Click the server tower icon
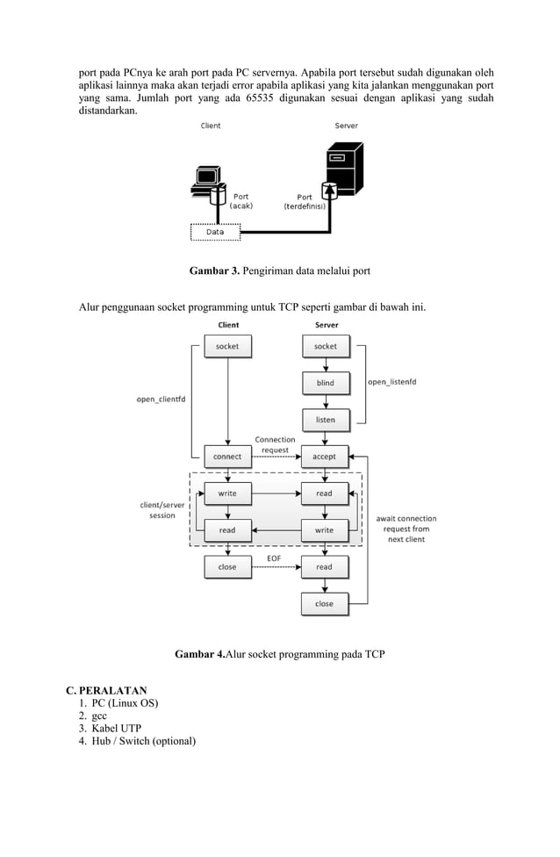pos(342,169)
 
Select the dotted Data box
pos(215,232)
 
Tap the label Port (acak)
pos(241,201)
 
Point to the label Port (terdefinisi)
pos(305,202)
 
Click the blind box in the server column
pos(325,384)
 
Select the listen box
pos(325,420)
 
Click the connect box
pos(227,457)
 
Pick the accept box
pos(325,457)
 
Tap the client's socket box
pos(227,347)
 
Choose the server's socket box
pos(325,347)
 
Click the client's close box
pos(227,567)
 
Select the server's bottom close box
pos(325,604)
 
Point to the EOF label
pos(274,558)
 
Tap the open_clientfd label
pos(161,400)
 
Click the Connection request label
pos(275,444)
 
